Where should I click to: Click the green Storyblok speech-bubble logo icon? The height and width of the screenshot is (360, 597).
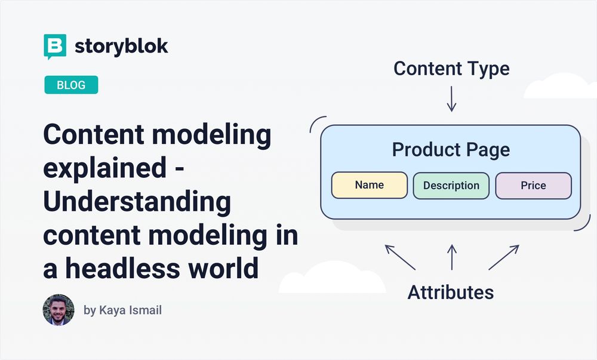55,47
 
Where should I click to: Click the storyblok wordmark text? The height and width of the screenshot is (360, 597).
121,47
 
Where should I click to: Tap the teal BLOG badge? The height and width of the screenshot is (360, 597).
71,85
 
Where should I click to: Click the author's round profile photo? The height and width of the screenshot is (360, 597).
59,310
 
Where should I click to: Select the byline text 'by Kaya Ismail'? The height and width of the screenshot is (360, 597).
122,310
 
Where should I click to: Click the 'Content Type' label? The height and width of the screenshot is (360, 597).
451,68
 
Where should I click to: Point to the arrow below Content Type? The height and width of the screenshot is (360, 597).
451,99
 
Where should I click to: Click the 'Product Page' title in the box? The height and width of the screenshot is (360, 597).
451,149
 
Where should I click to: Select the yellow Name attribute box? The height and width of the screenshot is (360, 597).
369,185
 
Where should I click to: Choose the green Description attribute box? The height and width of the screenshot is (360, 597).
451,185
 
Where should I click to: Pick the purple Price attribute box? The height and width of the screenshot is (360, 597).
533,185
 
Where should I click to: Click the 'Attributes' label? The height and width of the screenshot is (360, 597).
451,292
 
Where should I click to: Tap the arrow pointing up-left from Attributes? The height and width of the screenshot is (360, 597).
400,257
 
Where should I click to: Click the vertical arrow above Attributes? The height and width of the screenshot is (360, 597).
451,257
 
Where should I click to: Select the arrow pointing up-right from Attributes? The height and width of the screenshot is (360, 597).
503,257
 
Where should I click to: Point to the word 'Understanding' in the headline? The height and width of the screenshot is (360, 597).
137,202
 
